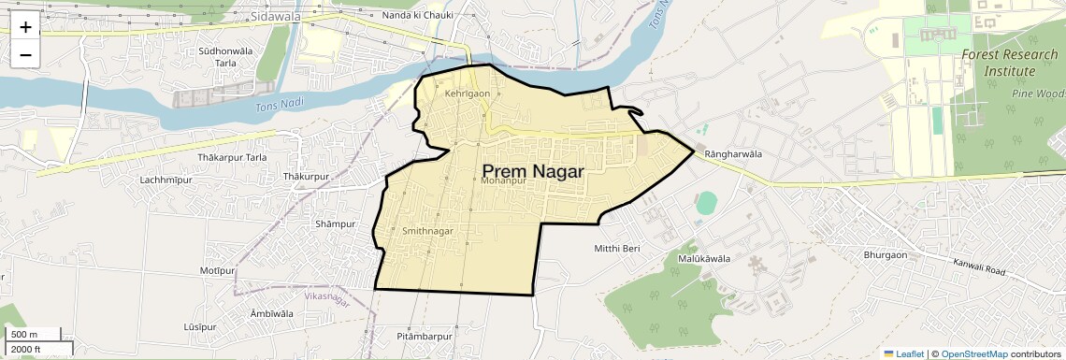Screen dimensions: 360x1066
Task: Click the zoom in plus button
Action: point(25,27)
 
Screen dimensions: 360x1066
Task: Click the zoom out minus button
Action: point(25,55)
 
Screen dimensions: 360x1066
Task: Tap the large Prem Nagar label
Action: point(533,171)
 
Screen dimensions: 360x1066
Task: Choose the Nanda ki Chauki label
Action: point(418,15)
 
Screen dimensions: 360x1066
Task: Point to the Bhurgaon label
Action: point(886,254)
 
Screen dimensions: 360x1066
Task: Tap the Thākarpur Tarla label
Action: point(232,157)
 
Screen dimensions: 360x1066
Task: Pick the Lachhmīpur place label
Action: point(165,180)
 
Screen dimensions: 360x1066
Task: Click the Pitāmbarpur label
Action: point(425,336)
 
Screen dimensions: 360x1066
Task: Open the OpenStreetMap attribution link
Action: point(973,353)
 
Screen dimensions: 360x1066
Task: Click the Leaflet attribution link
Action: point(903,353)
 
